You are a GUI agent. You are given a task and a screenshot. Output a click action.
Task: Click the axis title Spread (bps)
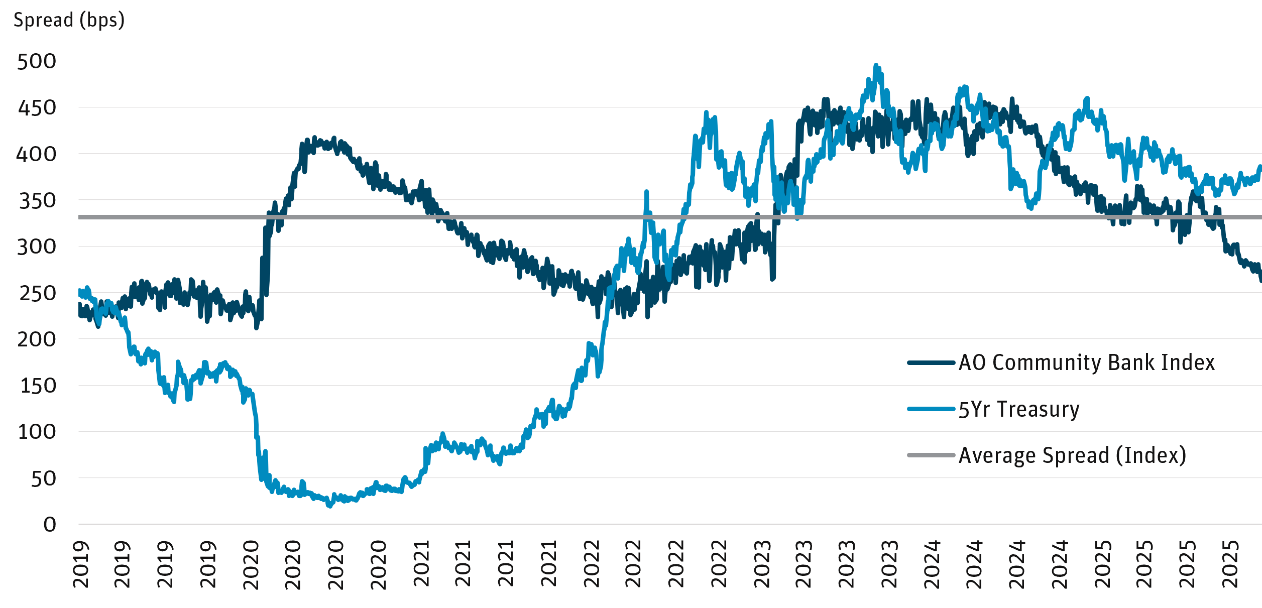click(69, 21)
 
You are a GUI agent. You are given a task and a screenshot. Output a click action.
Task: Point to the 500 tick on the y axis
click(37, 62)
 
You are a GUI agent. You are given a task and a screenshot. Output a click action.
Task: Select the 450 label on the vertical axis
click(37, 108)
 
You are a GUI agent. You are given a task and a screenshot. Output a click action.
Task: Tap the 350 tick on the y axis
click(37, 201)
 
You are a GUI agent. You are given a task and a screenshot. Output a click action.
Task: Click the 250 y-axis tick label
click(37, 293)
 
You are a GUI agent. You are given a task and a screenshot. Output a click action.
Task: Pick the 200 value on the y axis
click(37, 340)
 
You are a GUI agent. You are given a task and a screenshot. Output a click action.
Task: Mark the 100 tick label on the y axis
click(37, 432)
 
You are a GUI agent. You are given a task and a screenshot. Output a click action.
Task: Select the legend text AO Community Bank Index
click(1086, 362)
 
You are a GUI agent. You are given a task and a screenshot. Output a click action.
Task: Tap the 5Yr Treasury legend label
click(1018, 409)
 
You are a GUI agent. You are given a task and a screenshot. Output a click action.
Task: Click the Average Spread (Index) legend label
click(1072, 455)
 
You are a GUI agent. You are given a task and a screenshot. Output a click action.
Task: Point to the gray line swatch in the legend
click(931, 455)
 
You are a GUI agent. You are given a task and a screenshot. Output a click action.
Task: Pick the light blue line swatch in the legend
click(931, 409)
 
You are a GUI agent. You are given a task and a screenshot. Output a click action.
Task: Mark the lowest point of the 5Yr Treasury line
click(330, 506)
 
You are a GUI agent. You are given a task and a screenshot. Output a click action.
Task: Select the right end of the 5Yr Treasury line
click(1260, 167)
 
